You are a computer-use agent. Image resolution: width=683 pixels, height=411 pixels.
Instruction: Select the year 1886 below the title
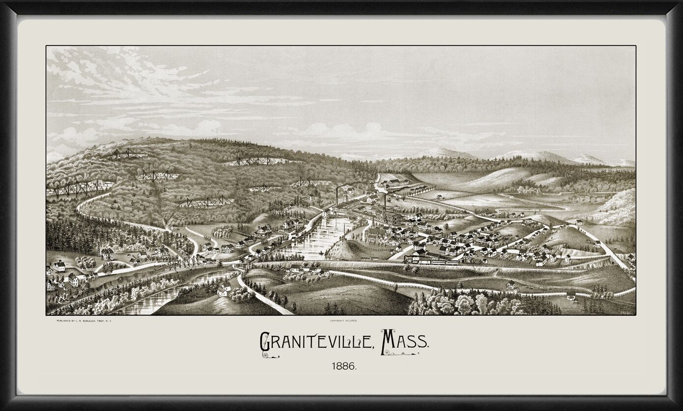[x=343, y=366]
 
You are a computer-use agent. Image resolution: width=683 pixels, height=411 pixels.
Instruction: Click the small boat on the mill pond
[x=321, y=254]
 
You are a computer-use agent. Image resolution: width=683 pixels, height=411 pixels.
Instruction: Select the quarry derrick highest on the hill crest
[x=125, y=154]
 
